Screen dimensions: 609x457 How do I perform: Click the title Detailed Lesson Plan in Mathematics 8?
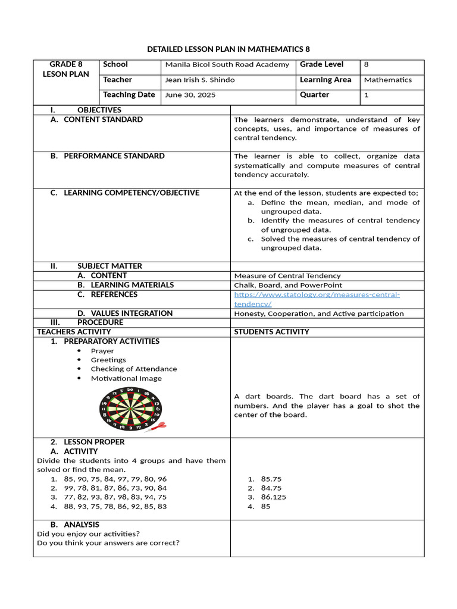228,48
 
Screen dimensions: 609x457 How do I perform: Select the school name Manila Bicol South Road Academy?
227,64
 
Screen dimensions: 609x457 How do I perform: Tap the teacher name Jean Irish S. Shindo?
199,80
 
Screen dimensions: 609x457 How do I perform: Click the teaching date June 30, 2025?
190,95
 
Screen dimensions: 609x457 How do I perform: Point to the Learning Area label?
325,80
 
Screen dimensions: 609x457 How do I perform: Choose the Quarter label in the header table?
314,95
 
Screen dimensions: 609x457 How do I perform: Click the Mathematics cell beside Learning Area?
387,80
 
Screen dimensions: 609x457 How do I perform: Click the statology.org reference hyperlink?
317,299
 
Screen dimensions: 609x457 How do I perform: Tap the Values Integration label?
132,313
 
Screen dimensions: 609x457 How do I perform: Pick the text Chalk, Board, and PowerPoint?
287,285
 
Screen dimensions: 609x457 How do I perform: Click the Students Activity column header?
271,332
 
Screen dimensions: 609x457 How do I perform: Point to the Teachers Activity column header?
74,332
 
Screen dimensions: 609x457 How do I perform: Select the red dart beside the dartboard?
157,426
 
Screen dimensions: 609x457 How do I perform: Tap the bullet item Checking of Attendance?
133,369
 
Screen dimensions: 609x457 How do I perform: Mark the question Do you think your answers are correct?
108,542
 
